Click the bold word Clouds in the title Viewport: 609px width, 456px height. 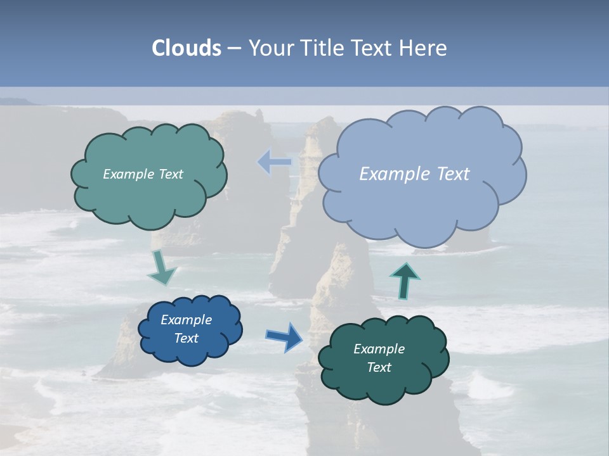coord(186,48)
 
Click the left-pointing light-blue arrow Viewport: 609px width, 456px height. coord(274,162)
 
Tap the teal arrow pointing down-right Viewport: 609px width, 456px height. coord(162,269)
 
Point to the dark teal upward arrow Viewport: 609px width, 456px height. coord(404,281)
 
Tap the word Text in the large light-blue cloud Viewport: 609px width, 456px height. coord(453,174)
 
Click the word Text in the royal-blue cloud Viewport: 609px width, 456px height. coord(187,338)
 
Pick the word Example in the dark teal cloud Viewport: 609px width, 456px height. coord(379,349)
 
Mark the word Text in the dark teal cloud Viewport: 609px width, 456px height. coord(379,367)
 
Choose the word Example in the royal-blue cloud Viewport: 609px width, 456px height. coord(187,320)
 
